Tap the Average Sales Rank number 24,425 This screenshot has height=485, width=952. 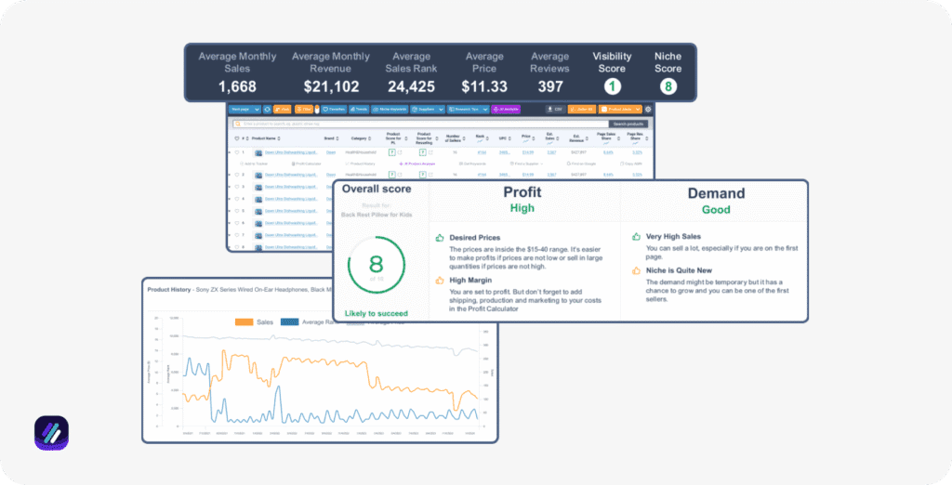pos(411,86)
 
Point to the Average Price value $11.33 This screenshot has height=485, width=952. pos(484,86)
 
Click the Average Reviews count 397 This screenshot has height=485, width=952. pos(550,86)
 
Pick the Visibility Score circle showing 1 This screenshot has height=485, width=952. pos(612,86)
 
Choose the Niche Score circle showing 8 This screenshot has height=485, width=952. pos(668,86)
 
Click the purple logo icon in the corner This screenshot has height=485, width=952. pos(51,433)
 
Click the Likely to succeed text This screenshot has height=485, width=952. pos(376,314)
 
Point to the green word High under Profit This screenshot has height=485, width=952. pos(523,209)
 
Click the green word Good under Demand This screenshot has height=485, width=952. pos(715,209)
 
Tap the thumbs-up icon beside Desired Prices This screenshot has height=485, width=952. pos(439,238)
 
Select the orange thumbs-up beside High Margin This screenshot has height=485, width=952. pos(439,280)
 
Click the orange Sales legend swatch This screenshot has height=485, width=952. pos(245,321)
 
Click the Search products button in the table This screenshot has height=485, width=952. pos(628,124)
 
